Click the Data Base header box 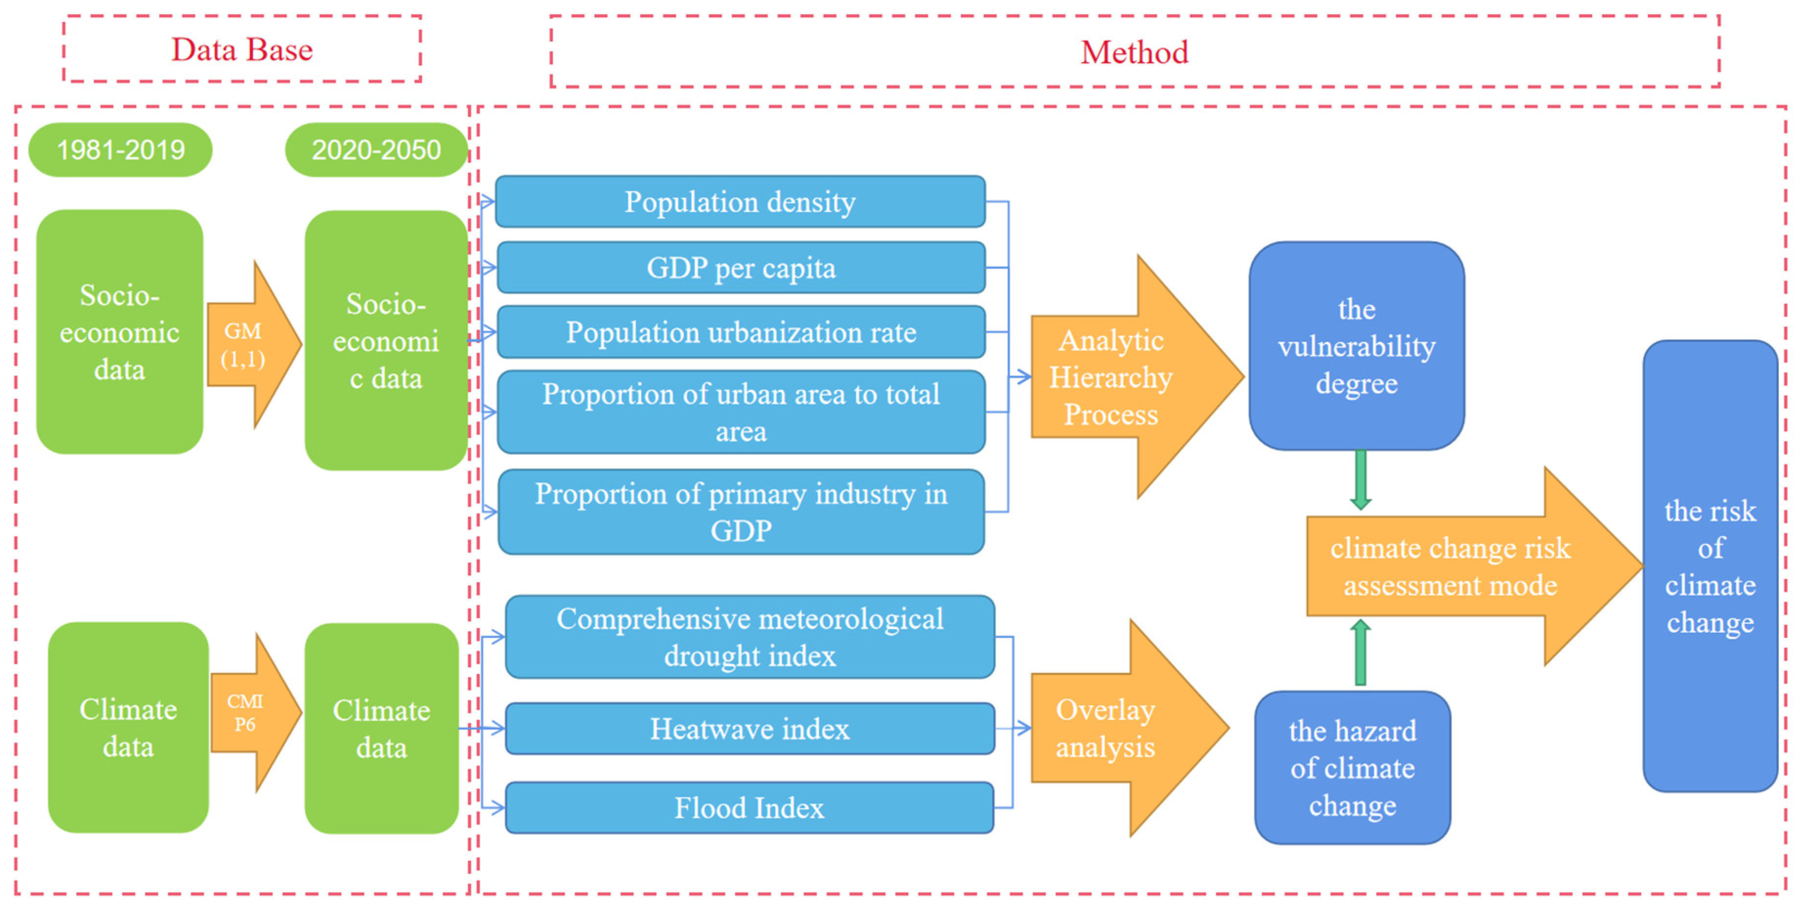tap(241, 49)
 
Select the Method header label tap(1134, 52)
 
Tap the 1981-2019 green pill tap(120, 150)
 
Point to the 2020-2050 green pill tap(376, 150)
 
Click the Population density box tap(740, 201)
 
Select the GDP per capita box tap(740, 267)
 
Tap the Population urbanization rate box tap(740, 332)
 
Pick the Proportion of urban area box tap(740, 412)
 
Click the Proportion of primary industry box tap(740, 512)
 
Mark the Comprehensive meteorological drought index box tap(750, 637)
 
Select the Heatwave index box tap(750, 728)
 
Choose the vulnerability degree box tap(1356, 346)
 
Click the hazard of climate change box tap(1352, 768)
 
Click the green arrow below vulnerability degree tap(1361, 480)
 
